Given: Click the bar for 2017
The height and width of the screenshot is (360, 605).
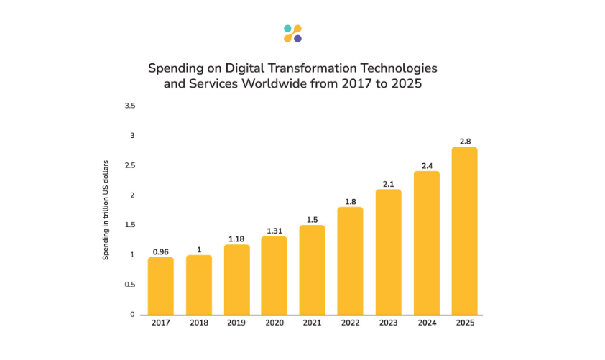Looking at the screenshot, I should coord(161,285).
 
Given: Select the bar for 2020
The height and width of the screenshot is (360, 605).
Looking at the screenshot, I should coord(274,275).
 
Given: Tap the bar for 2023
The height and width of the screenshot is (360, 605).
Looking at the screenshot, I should coord(388,251).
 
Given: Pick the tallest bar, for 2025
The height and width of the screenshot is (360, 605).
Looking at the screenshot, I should coord(464,231).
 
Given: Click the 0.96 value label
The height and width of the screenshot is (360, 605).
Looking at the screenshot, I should coord(161,251).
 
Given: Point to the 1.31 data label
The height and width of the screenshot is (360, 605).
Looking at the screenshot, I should coord(274,231).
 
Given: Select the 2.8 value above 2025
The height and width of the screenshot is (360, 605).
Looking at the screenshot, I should coord(464,142).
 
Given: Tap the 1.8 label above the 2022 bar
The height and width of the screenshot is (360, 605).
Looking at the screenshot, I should coord(350,202).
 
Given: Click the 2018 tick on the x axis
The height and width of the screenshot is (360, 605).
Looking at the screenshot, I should coord(199,323).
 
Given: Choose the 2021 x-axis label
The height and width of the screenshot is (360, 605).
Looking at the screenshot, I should coord(312,323).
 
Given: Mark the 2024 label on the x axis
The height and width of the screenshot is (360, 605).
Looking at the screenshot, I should coord(426,323).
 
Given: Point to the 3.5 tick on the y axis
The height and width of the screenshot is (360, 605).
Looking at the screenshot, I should coord(129,106).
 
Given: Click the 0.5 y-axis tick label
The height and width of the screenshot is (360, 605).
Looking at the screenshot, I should coord(129,285).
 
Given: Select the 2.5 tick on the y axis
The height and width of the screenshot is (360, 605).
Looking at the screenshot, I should coord(129,165).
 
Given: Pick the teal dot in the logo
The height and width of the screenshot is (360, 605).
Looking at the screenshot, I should coord(287,29).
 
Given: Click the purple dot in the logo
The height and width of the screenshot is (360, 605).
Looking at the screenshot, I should coord(297,38).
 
